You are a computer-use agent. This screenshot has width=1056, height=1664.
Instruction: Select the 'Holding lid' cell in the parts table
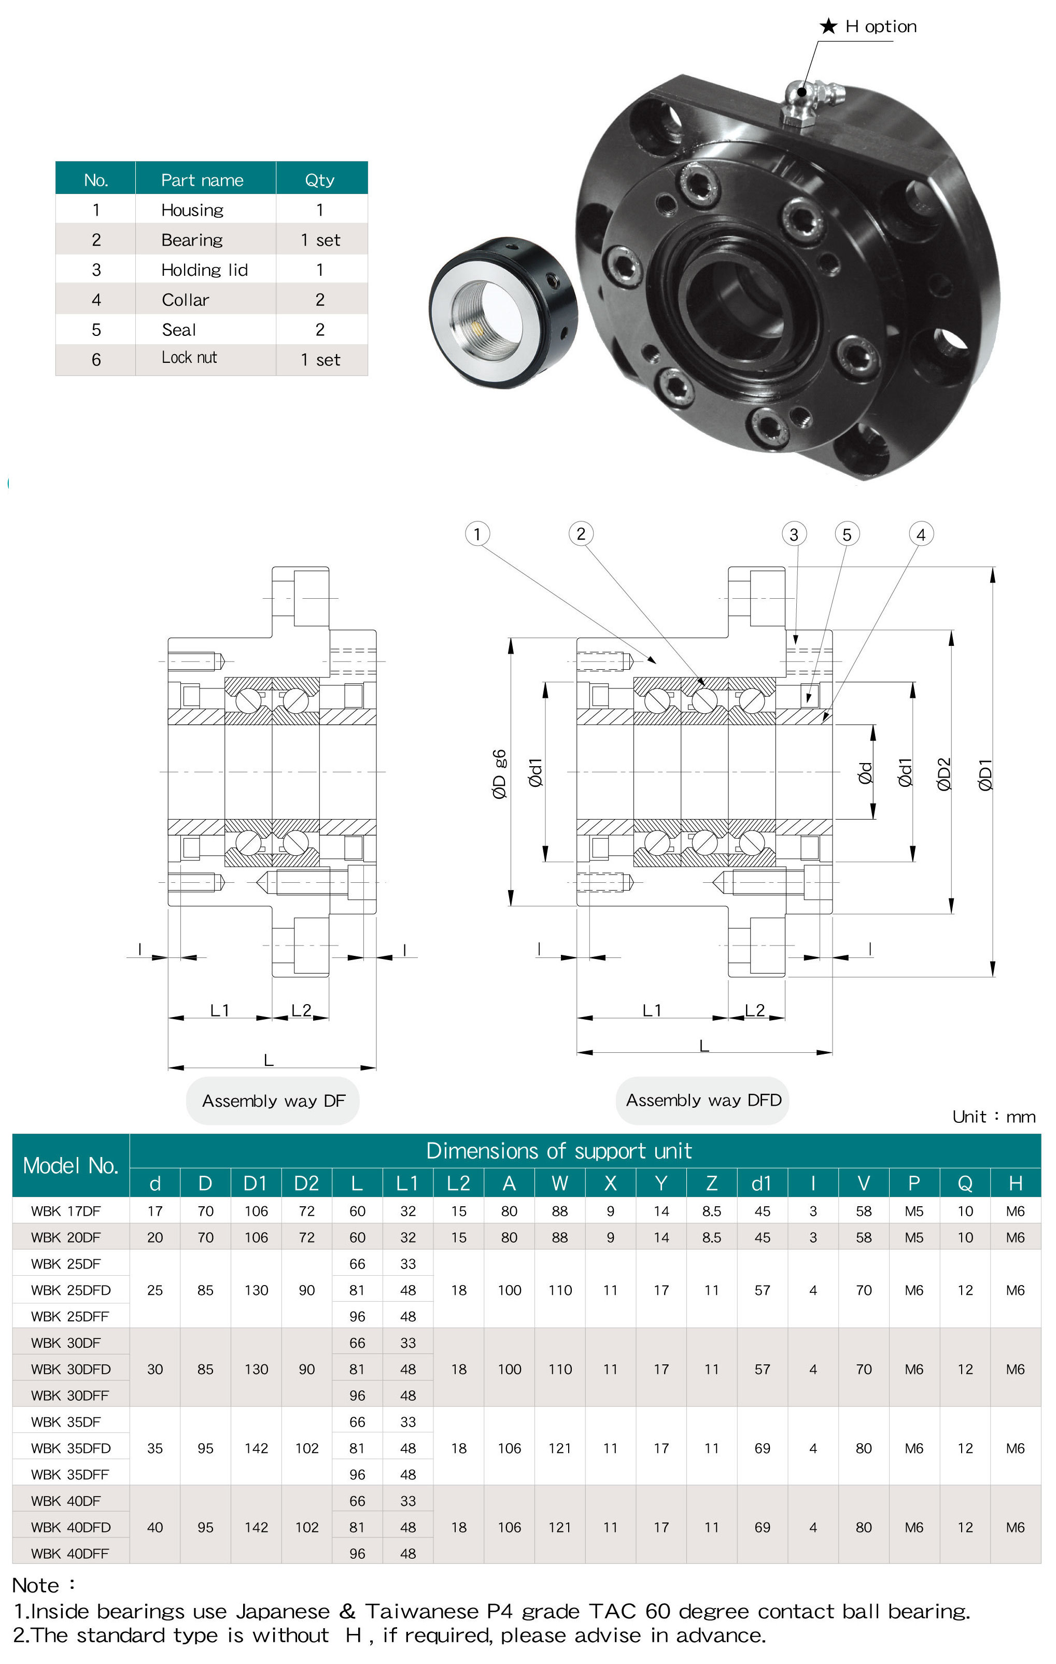click(x=205, y=270)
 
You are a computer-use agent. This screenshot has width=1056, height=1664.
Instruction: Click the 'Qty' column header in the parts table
click(x=319, y=180)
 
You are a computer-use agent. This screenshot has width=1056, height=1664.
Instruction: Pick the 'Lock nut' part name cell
click(x=189, y=358)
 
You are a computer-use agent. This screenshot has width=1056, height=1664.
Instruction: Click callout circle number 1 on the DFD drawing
click(x=477, y=533)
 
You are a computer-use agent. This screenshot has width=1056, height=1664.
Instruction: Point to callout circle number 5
click(x=847, y=534)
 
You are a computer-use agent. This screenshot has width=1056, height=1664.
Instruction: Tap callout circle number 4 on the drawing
click(x=921, y=534)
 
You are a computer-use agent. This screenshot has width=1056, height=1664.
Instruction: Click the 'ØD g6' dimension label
click(x=499, y=774)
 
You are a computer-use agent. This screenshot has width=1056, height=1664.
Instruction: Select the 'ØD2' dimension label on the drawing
click(x=944, y=774)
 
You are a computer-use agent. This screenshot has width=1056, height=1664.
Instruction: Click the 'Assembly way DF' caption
click(x=273, y=1101)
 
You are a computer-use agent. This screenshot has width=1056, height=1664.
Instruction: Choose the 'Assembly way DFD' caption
click(x=703, y=1100)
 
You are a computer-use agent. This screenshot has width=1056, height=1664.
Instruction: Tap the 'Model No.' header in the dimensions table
click(x=71, y=1166)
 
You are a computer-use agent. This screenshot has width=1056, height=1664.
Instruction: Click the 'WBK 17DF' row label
click(x=66, y=1211)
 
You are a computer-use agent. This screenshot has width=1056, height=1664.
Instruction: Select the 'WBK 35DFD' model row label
click(x=71, y=1448)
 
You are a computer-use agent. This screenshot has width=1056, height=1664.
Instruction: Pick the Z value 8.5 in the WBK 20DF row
click(x=711, y=1237)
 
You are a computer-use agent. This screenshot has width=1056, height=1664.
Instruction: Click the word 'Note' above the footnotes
click(x=36, y=1585)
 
